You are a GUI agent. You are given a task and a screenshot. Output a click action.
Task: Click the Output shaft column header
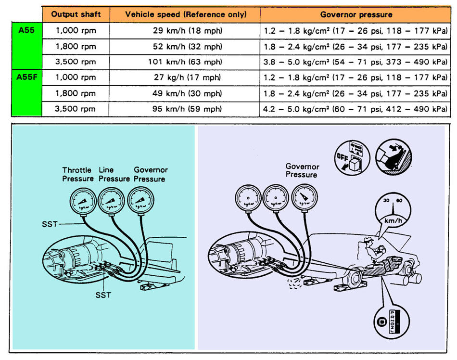click(x=76, y=14)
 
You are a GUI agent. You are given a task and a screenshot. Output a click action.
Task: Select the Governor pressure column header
click(x=356, y=14)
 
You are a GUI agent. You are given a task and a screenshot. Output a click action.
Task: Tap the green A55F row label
click(x=26, y=77)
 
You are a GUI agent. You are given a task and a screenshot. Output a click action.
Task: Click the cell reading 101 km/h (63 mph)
click(x=185, y=62)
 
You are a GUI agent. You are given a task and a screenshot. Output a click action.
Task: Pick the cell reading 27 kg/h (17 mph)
click(x=185, y=77)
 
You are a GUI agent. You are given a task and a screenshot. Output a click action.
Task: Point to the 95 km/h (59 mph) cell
click(x=185, y=108)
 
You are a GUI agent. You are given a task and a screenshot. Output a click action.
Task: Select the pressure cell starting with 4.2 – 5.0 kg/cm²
click(x=355, y=108)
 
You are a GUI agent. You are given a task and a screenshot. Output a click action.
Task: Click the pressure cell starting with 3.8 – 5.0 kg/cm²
click(x=355, y=62)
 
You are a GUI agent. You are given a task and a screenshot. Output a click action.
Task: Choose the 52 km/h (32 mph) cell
click(x=185, y=47)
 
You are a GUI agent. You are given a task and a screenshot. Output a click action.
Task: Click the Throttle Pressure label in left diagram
click(x=77, y=174)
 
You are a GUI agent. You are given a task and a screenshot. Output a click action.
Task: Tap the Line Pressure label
click(x=114, y=174)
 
